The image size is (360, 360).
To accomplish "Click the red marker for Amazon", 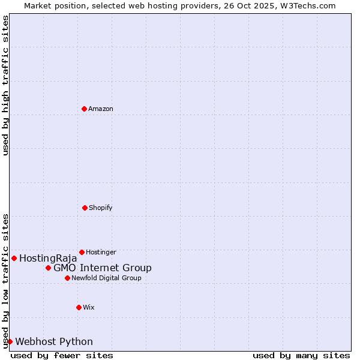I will click(x=84, y=109).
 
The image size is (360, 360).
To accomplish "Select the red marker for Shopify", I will click(x=85, y=208).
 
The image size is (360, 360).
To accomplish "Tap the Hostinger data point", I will click(x=82, y=252).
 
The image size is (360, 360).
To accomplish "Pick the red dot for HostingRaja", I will click(x=14, y=258).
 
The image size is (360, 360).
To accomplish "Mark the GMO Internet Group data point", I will click(x=48, y=268).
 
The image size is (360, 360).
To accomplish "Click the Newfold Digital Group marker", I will click(x=67, y=278).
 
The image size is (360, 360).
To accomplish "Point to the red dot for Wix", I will click(x=79, y=307).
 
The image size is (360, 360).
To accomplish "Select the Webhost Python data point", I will click(x=10, y=341).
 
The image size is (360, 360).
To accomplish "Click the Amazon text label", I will click(x=101, y=109).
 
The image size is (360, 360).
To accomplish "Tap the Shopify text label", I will click(x=101, y=208).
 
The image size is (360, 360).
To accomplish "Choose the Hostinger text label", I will click(x=101, y=252).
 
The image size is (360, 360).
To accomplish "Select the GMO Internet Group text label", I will click(x=103, y=268).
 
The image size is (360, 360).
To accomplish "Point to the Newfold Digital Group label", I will click(x=106, y=278).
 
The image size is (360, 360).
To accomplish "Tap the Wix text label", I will click(x=89, y=307).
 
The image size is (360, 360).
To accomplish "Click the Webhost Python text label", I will click(x=54, y=342).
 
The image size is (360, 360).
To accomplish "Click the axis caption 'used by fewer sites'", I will click(x=62, y=355).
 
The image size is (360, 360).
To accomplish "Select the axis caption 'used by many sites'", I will click(x=301, y=355).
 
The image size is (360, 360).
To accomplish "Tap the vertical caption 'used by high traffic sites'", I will click(x=5, y=85).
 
